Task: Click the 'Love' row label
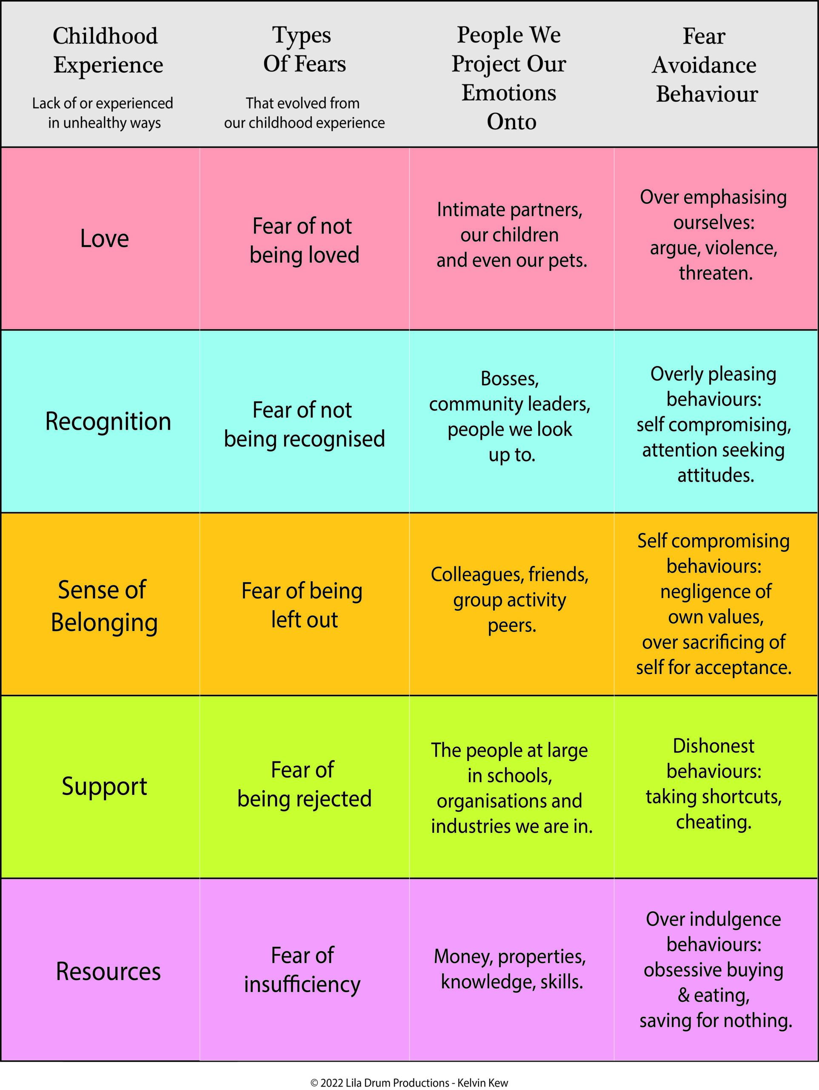104,239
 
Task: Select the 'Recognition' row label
108,422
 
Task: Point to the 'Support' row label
104,786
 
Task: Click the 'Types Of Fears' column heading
304,50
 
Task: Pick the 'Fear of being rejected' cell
304,784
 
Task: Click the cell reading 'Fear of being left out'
302,605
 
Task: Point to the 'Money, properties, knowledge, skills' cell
510,969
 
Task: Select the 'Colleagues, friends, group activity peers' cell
510,599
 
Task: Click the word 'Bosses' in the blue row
509,379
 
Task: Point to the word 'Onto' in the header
511,122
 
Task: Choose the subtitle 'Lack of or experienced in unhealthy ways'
103,113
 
